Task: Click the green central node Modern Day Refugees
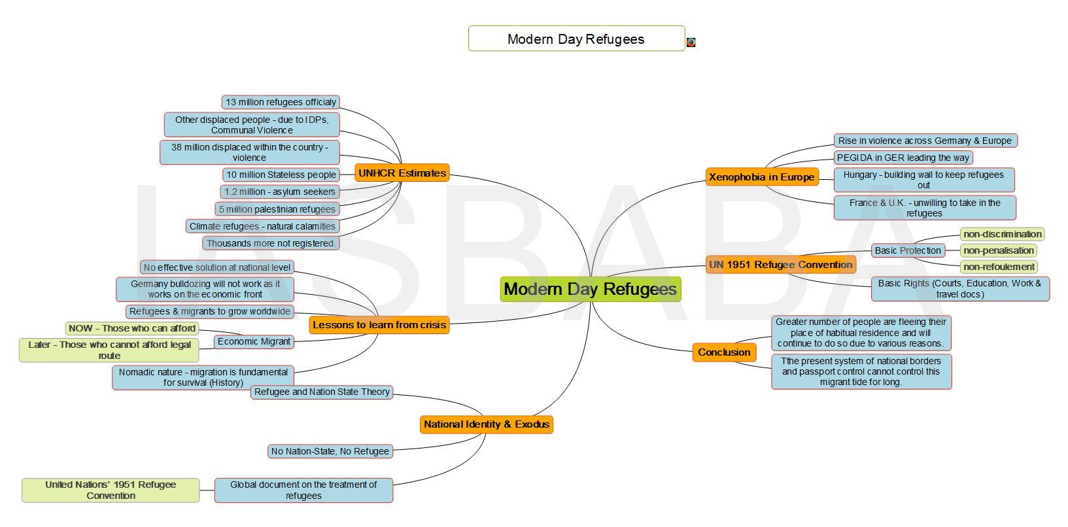pos(591,289)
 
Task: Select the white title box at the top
pos(576,39)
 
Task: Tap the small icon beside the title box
pos(691,42)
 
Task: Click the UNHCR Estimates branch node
pos(402,173)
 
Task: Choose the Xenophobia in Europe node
pos(762,177)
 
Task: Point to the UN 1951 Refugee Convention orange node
pos(780,264)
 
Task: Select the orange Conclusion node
pos(724,352)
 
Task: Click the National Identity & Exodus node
pos(487,424)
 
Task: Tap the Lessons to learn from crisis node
pos(379,325)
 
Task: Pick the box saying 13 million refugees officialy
pos(281,102)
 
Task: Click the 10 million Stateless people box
pos(281,175)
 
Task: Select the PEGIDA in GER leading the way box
pos(903,158)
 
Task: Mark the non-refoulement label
pos(999,267)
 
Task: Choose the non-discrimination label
pos(1002,234)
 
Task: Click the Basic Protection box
pos(908,250)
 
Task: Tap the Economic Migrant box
pos(254,342)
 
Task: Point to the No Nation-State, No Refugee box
pos(330,451)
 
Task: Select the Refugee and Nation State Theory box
pos(322,392)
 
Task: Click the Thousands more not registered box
pos(271,243)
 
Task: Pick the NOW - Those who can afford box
pos(132,328)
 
